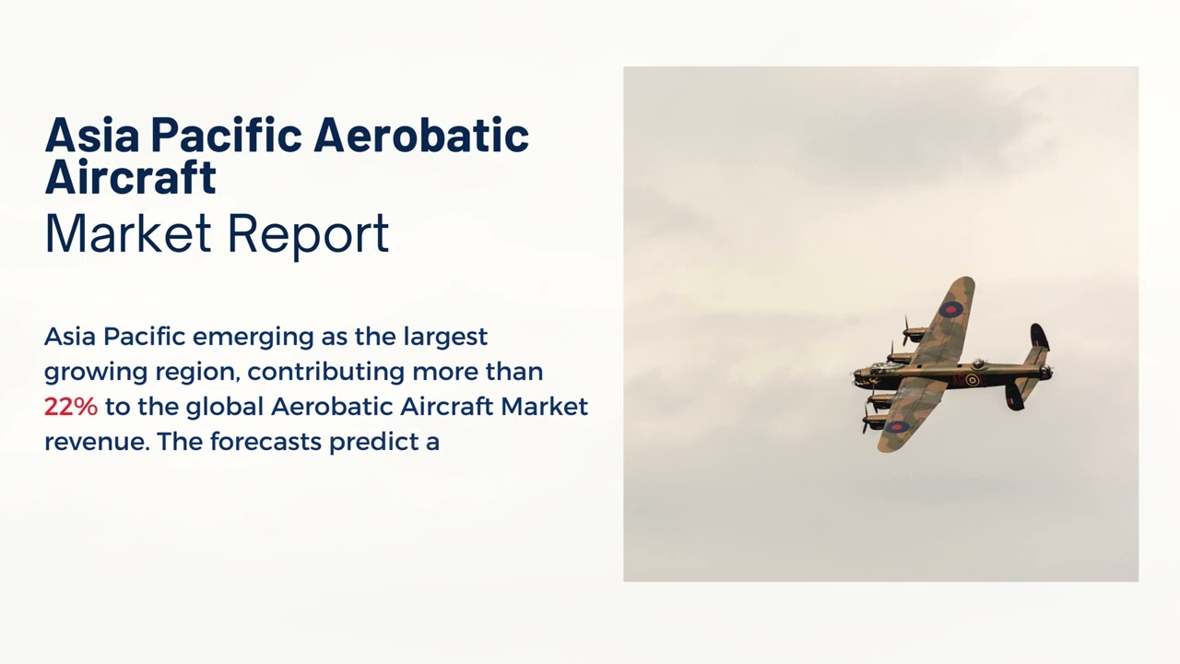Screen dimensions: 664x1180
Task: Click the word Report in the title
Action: click(307, 234)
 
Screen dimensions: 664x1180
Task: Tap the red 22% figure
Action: click(70, 407)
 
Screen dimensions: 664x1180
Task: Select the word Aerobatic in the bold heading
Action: click(420, 136)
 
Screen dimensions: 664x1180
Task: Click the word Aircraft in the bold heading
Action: click(130, 176)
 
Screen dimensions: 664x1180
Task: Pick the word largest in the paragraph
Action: click(445, 337)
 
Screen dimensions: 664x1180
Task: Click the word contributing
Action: click(326, 372)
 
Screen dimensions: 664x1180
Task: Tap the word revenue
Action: click(96, 442)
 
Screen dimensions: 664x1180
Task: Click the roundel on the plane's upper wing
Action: click(952, 309)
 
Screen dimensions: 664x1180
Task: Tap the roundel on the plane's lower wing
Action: click(896, 426)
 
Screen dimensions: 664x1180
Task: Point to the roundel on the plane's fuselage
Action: click(972, 379)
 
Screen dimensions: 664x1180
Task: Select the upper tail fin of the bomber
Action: click(1039, 336)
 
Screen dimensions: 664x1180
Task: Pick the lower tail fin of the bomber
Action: click(1014, 397)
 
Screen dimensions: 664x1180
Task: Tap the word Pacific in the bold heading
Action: click(225, 136)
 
